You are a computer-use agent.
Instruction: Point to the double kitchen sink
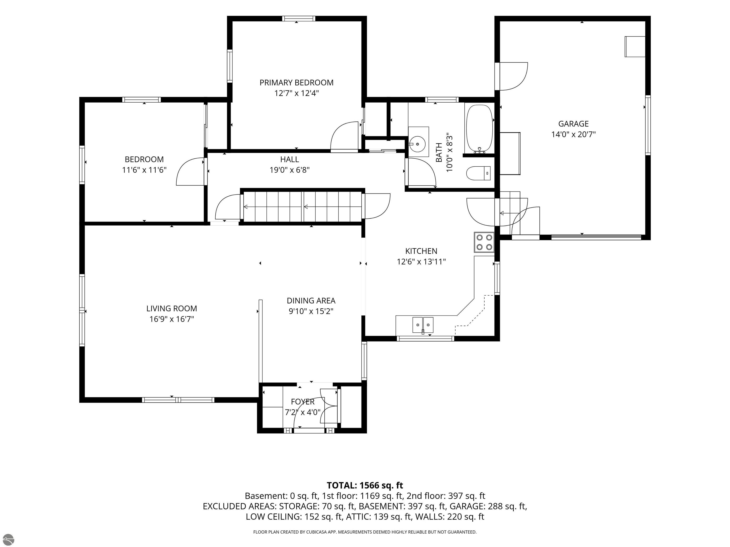pos(423,325)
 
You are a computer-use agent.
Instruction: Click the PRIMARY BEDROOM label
pos(296,82)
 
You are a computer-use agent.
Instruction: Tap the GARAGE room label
pos(573,124)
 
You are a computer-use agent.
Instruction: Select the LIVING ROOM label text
pos(172,308)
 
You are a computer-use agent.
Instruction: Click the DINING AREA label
pos(311,301)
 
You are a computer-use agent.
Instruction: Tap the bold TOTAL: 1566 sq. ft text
pos(365,485)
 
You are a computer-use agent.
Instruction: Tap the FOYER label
pos(303,402)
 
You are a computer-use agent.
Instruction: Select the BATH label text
pos(439,152)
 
